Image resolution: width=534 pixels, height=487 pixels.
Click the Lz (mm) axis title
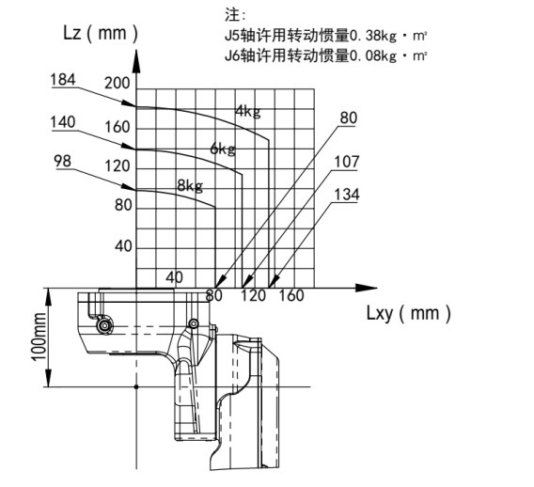(101, 33)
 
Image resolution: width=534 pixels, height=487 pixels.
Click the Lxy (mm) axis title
(409, 313)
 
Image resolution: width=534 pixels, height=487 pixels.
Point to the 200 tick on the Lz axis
(118, 83)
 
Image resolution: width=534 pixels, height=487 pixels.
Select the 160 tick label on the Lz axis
(118, 127)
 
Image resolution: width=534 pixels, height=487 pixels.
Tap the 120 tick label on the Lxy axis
(254, 295)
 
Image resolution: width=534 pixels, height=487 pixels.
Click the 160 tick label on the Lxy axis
(291, 295)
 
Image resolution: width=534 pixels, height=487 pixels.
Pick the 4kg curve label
(248, 111)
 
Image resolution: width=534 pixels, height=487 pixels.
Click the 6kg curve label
(223, 149)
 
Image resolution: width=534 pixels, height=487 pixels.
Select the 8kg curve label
(190, 185)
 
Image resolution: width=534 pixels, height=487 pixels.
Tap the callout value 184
(63, 80)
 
